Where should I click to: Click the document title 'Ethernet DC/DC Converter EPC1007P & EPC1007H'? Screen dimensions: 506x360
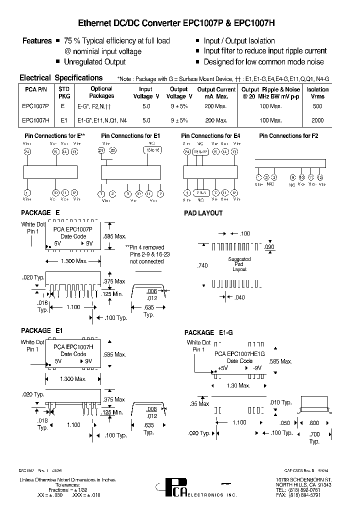tap(176, 23)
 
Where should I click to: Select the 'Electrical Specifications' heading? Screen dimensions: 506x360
tap(60, 78)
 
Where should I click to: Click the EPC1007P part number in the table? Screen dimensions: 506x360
tap(35, 106)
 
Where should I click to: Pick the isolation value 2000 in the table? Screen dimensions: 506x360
tap(317, 120)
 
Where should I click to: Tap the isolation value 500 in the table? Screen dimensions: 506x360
tap(317, 106)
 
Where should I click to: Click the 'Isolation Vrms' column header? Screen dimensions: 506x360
tap(317, 93)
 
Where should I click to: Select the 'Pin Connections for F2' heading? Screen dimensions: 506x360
tap(288, 136)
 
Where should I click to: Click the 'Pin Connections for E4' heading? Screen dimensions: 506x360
tap(210, 136)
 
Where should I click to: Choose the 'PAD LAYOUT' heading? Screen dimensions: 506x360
tap(203, 213)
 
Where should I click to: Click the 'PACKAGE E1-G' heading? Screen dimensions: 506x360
tap(208, 332)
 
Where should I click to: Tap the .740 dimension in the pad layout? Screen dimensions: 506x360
tap(203, 266)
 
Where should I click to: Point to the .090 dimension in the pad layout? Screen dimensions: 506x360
tap(269, 247)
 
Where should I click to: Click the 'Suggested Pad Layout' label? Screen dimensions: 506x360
tap(239, 264)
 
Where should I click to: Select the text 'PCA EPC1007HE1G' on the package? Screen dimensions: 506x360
tap(239, 353)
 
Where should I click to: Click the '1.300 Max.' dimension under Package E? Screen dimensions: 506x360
tap(74, 261)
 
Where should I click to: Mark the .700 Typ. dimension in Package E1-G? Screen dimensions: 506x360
tap(314, 438)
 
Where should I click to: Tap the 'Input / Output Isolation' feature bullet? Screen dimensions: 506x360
tap(239, 41)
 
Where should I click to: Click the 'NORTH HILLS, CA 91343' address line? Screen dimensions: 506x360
tap(304, 484)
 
